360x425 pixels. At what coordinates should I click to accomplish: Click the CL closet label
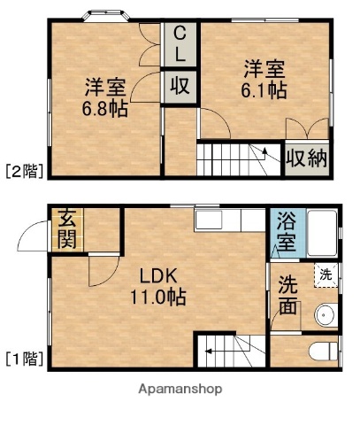180,45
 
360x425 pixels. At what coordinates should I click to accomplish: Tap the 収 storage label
180,87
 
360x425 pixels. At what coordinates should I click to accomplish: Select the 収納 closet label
305,160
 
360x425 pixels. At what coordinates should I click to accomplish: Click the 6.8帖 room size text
104,112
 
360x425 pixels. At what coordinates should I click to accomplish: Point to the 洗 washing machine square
326,275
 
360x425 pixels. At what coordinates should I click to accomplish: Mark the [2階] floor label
23,171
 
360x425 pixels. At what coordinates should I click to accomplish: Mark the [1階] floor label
23,359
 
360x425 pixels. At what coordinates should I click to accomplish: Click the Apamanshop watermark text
180,388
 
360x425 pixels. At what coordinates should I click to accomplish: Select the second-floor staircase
237,159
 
